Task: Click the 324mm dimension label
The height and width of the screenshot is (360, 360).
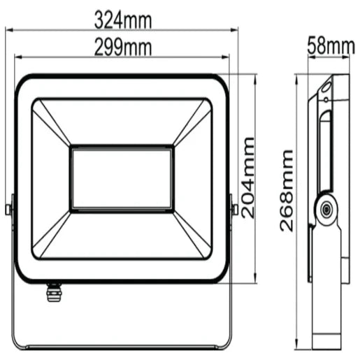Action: pyautogui.click(x=123, y=20)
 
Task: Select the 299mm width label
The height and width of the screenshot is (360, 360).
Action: pyautogui.click(x=123, y=48)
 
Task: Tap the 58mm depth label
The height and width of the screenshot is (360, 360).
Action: pyautogui.click(x=331, y=46)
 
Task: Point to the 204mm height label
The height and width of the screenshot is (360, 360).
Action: pyautogui.click(x=250, y=178)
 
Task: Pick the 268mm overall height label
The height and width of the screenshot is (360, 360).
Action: pyautogui.click(x=286, y=193)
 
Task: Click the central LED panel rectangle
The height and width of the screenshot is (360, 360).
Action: pyautogui.click(x=122, y=178)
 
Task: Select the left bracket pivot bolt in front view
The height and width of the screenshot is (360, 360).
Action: pyautogui.click(x=8, y=208)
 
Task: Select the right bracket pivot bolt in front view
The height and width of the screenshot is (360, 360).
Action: pyautogui.click(x=236, y=208)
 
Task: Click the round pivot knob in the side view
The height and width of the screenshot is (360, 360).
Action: pyautogui.click(x=324, y=208)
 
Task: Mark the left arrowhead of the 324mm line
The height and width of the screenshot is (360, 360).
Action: pyautogui.click(x=10, y=30)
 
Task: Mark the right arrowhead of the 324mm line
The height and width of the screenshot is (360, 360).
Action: pyautogui.click(x=236, y=30)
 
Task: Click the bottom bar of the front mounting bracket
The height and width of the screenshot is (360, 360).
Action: pyautogui.click(x=122, y=347)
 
